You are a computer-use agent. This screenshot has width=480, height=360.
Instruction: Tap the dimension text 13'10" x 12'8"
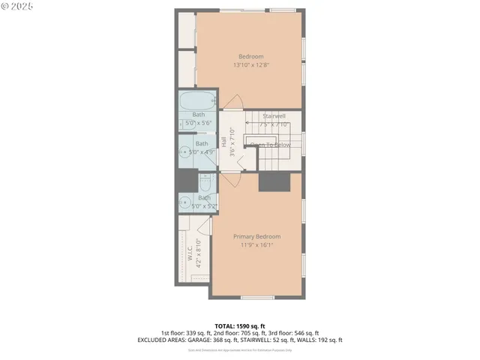click(x=251, y=65)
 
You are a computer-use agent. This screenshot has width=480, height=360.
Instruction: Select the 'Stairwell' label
click(x=274, y=116)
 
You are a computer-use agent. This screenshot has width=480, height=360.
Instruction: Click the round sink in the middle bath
click(x=184, y=151)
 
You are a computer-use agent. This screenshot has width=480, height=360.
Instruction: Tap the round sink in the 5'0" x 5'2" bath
click(x=184, y=200)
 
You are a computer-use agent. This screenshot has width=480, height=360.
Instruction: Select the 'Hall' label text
click(x=223, y=141)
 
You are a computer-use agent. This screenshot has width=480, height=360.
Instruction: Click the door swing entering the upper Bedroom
click(x=234, y=104)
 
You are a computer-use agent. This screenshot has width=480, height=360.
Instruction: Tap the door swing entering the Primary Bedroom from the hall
click(x=232, y=180)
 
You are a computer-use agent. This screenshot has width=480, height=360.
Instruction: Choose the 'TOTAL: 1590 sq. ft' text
click(x=239, y=325)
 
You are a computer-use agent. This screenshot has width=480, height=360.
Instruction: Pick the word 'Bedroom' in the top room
click(x=251, y=57)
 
